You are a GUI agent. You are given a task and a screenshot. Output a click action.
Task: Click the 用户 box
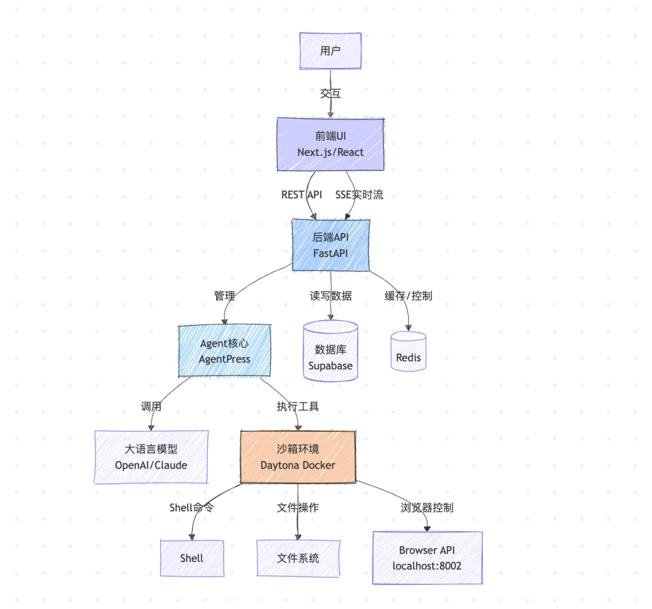[330, 51]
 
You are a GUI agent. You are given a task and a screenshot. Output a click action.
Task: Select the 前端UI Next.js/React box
[330, 145]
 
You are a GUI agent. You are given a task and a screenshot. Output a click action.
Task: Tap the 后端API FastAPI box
[330, 245]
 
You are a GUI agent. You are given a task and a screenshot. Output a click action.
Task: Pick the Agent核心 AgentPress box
[225, 351]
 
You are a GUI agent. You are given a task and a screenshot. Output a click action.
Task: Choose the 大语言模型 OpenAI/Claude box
[151, 457]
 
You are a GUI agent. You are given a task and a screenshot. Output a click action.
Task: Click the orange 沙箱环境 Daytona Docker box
[298, 457]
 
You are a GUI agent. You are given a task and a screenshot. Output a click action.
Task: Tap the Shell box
[191, 558]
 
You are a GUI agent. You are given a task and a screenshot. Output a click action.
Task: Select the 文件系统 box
[298, 558]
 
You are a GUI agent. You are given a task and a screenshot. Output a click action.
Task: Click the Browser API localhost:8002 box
[427, 558]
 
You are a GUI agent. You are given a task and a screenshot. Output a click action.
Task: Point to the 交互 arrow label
[330, 94]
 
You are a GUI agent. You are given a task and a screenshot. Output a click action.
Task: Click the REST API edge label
[301, 195]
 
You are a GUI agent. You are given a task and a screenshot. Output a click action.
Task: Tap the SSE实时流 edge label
[359, 195]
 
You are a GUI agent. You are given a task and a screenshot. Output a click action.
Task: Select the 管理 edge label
[225, 295]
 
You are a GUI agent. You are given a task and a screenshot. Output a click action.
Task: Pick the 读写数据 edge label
[330, 295]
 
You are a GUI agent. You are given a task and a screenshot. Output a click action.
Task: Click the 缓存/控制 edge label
[408, 295]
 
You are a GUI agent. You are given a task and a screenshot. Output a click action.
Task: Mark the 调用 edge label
[151, 406]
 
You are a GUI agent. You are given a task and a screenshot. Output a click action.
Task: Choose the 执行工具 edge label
[298, 406]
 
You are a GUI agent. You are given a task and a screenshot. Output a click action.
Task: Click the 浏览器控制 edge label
[427, 508]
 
